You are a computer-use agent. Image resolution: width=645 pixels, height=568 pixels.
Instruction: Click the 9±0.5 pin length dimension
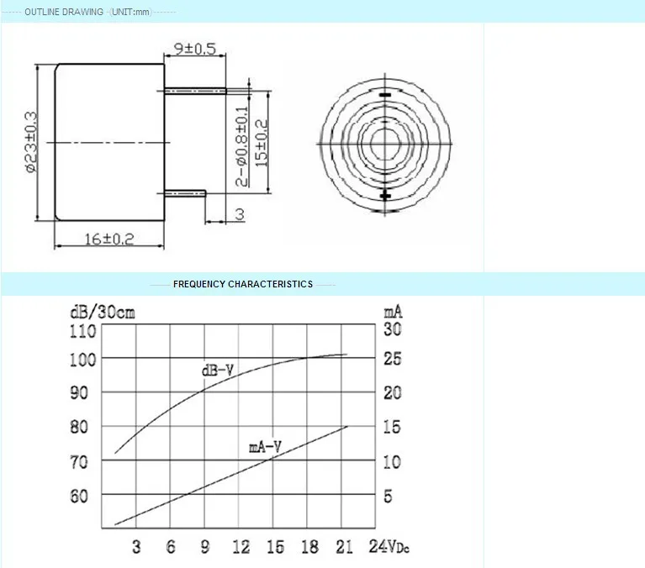pyautogui.click(x=195, y=49)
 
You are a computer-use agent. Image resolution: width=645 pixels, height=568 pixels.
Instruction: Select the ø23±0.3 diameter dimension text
pyautogui.click(x=31, y=142)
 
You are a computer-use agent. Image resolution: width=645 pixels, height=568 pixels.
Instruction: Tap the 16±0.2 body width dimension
pyautogui.click(x=109, y=239)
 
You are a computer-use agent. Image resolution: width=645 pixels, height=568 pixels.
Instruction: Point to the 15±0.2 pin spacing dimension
pyautogui.click(x=262, y=143)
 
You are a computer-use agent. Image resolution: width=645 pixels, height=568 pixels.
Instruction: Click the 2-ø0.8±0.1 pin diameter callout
pyautogui.click(x=242, y=146)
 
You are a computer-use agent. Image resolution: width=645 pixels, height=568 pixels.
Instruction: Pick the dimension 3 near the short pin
pyautogui.click(x=240, y=214)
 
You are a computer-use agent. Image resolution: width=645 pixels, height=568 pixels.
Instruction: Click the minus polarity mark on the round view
pyautogui.click(x=385, y=95)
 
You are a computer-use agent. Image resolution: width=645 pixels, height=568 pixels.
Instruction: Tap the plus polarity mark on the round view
pyautogui.click(x=385, y=196)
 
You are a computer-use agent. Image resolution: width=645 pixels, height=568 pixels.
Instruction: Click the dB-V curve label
pyautogui.click(x=218, y=371)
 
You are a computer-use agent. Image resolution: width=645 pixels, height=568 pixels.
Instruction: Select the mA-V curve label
pyautogui.click(x=266, y=447)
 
